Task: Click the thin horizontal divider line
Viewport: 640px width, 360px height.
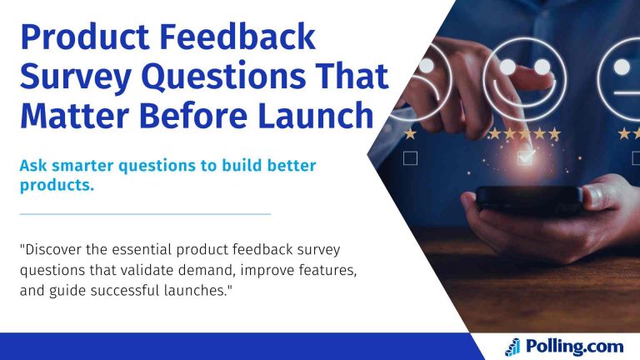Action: tap(145, 214)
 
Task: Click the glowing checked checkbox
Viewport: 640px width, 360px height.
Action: tap(524, 157)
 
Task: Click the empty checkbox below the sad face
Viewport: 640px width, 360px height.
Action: tap(410, 157)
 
